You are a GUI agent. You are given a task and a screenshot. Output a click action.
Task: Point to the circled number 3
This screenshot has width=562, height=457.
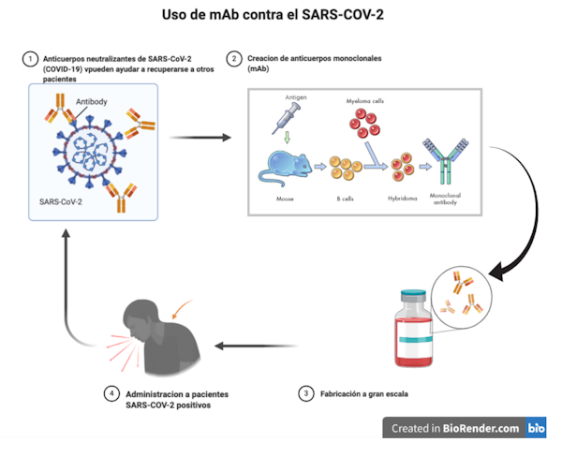pos(305,394)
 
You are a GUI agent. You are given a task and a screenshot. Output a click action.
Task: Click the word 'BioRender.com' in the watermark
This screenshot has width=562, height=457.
pos(481,428)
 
